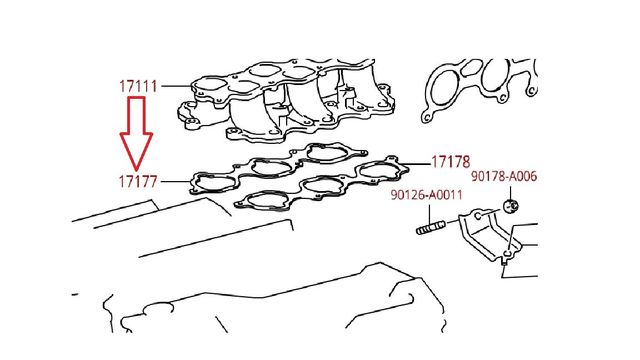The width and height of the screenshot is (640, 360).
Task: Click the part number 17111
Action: [138, 87]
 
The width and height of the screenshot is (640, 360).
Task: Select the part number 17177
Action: [138, 182]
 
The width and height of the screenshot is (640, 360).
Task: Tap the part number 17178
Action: [451, 162]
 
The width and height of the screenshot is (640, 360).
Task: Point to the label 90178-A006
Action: [504, 176]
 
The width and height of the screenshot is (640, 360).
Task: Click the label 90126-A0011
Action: [427, 195]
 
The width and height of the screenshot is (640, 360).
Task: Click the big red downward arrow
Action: [136, 134]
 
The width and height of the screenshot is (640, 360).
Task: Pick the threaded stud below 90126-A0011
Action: [431, 228]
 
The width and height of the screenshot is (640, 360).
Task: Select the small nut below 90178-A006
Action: [511, 206]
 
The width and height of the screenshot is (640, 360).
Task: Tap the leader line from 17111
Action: [177, 86]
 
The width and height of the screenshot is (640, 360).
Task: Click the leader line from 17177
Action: [176, 181]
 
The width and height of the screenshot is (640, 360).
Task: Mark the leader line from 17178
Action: [416, 164]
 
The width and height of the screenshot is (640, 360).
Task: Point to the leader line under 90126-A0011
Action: [429, 213]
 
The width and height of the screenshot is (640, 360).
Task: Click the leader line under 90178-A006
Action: [510, 193]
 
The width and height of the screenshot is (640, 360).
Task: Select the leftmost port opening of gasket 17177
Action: [216, 183]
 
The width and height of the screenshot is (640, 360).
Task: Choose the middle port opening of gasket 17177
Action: [271, 167]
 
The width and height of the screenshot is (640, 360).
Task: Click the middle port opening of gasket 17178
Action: [322, 186]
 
